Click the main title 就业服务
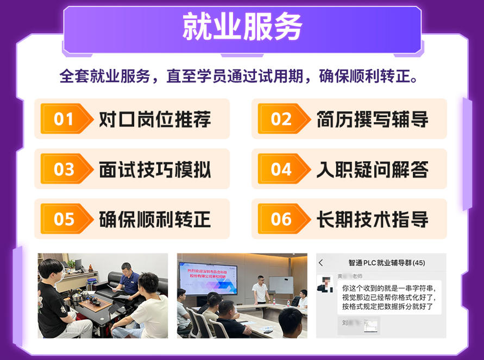click(242, 28)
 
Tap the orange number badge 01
click(64, 119)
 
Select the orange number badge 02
click(281, 119)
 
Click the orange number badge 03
click(64, 169)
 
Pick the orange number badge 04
click(281, 169)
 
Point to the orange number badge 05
click(64, 219)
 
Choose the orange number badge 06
click(281, 219)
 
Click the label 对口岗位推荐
click(155, 119)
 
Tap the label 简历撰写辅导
click(372, 119)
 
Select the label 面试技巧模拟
click(155, 169)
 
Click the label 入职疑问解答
click(372, 169)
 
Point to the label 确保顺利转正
click(155, 219)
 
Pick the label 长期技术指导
click(372, 219)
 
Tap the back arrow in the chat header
click(321, 263)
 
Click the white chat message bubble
click(389, 298)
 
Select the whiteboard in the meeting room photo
click(281, 285)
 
